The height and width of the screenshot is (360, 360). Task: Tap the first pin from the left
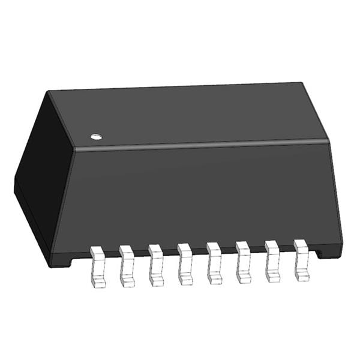(97, 265)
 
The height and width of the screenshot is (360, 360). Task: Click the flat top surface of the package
(192, 114)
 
